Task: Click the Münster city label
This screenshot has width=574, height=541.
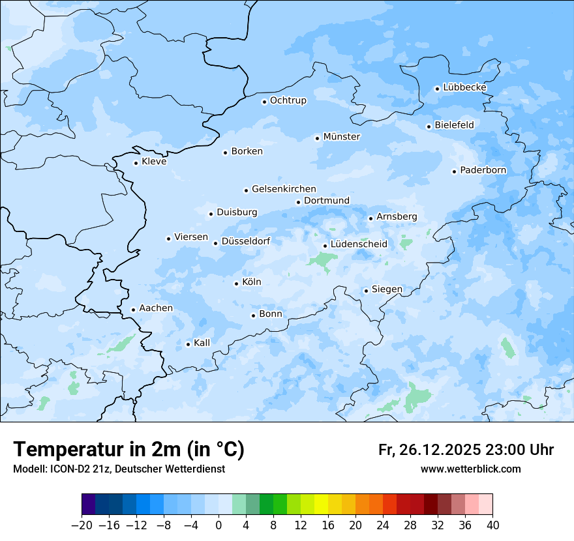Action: pyautogui.click(x=342, y=137)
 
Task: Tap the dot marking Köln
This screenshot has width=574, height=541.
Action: pyautogui.click(x=236, y=284)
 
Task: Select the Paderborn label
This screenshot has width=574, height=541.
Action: pyautogui.click(x=483, y=170)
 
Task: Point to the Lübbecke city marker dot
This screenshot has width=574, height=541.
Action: pyautogui.click(x=437, y=89)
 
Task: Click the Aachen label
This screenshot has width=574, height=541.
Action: pyautogui.click(x=156, y=308)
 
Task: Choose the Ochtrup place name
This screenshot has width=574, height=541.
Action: pyautogui.click(x=288, y=100)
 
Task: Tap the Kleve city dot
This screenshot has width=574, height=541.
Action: pyautogui.click(x=136, y=163)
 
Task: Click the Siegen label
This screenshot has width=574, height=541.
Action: pyautogui.click(x=387, y=289)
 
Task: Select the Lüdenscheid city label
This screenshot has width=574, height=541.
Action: pyautogui.click(x=359, y=244)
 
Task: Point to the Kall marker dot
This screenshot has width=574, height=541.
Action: pyautogui.click(x=188, y=344)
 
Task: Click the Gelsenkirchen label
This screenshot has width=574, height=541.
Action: pyautogui.click(x=284, y=189)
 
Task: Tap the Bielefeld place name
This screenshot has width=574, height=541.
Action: pyautogui.click(x=454, y=124)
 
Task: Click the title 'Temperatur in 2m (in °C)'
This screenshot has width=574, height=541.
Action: pyautogui.click(x=128, y=450)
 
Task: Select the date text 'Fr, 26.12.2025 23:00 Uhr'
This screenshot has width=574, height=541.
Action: pyautogui.click(x=466, y=450)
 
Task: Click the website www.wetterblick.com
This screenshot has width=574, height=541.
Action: pyautogui.click(x=470, y=469)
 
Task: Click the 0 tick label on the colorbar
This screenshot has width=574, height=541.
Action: pyautogui.click(x=219, y=525)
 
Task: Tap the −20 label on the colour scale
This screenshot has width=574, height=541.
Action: pyautogui.click(x=82, y=525)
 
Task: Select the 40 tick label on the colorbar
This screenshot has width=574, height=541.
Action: pyautogui.click(x=492, y=525)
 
